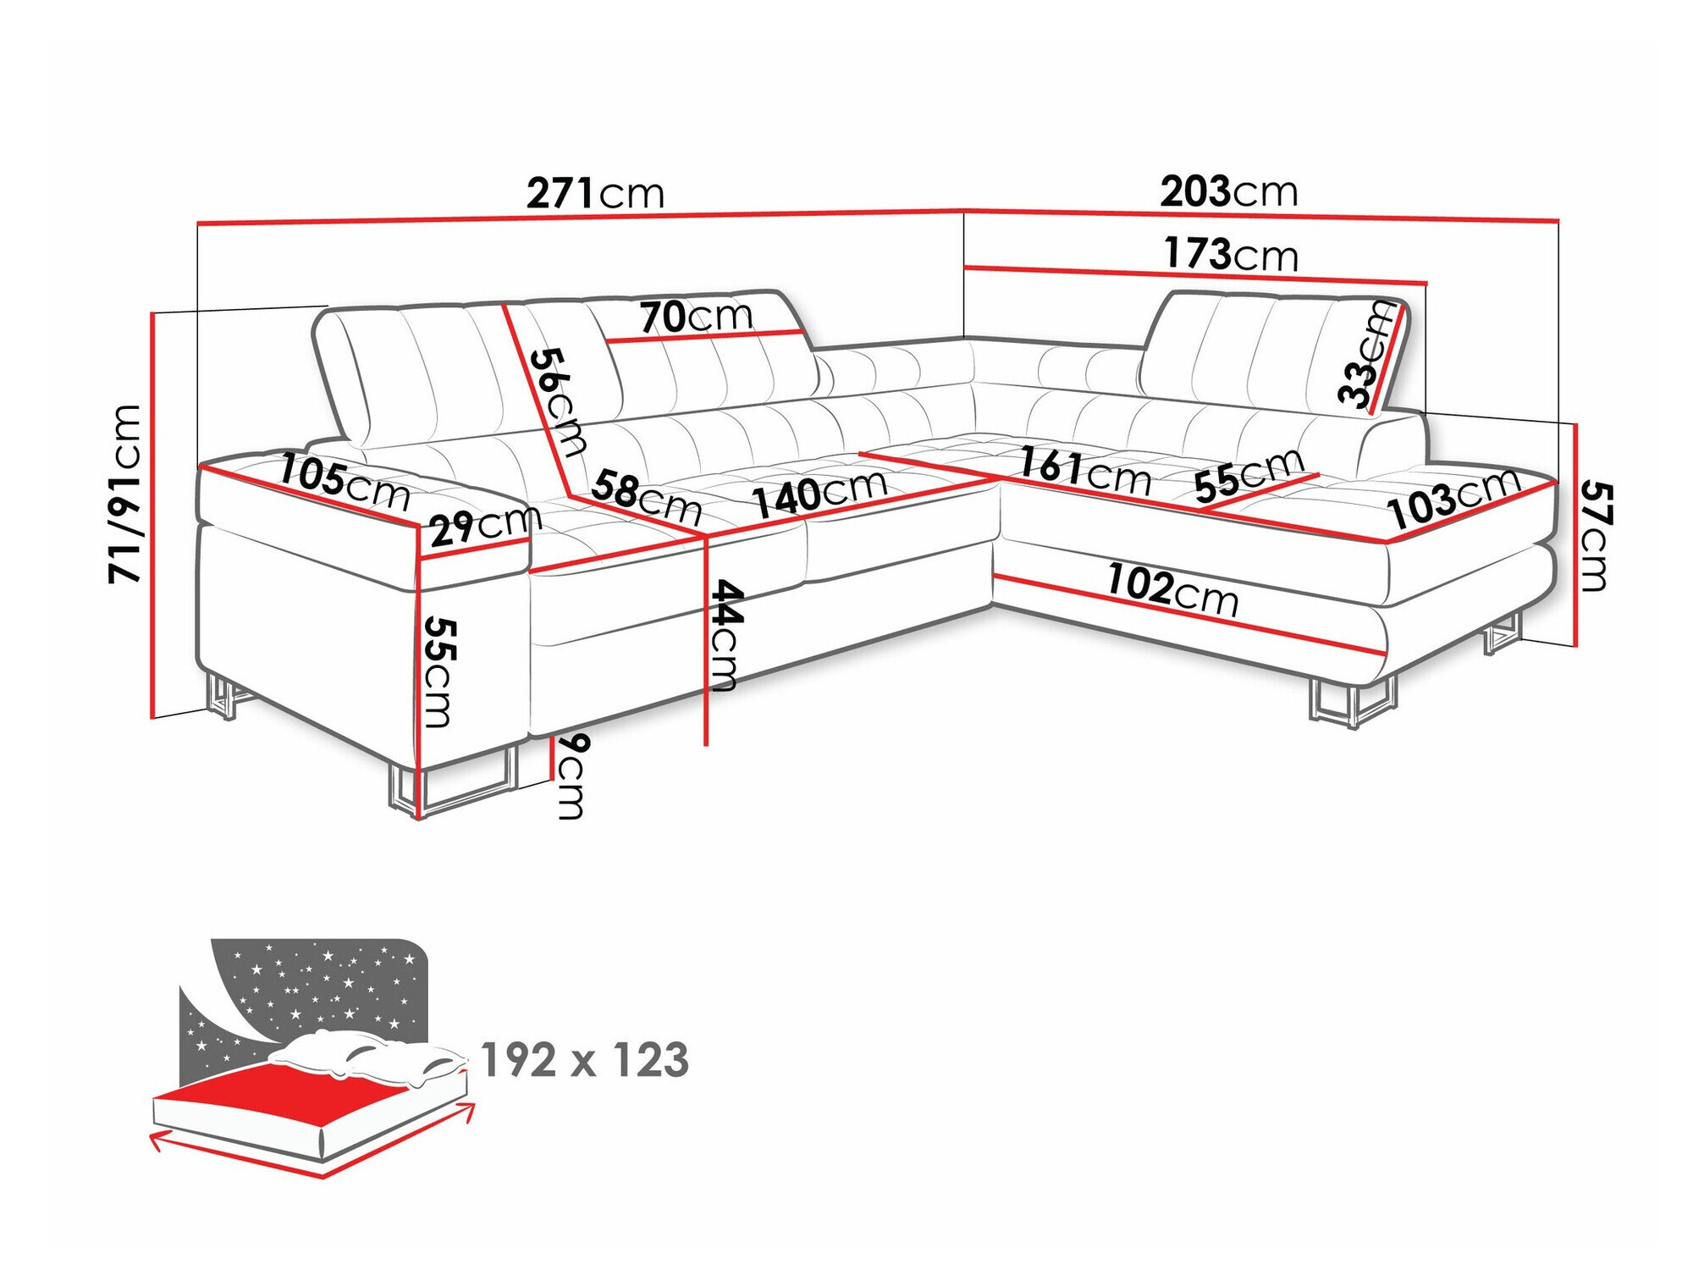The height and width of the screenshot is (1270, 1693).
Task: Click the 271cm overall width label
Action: [595, 194]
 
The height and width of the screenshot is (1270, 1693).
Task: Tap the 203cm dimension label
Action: [1228, 192]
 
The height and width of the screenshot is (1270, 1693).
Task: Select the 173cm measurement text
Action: [1230, 254]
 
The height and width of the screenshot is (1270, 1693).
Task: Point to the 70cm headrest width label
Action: [696, 317]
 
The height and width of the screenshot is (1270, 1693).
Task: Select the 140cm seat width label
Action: [819, 494]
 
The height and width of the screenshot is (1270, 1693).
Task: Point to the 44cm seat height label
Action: [726, 635]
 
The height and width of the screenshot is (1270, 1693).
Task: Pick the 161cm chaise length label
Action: [1084, 471]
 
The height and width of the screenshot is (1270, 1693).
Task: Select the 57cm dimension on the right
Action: [1596, 535]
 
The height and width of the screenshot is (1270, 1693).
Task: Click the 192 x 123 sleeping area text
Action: [585, 1060]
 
